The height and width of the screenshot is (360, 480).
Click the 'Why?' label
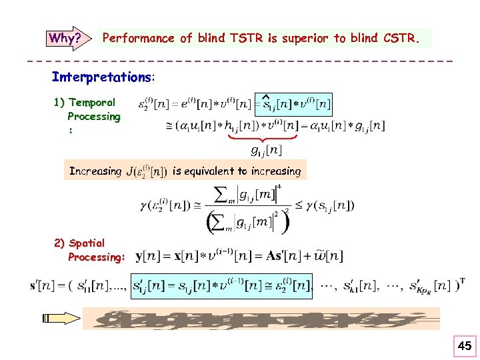(x=63, y=38)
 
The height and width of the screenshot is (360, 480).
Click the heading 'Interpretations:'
(x=103, y=77)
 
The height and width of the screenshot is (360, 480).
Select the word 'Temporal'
(x=93, y=103)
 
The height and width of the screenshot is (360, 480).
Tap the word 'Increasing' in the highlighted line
(x=95, y=171)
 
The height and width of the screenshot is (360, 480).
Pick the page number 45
(x=464, y=345)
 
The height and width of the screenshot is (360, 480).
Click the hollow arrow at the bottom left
(x=59, y=319)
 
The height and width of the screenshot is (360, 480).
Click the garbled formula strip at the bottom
(x=260, y=319)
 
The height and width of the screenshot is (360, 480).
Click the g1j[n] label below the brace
(x=266, y=151)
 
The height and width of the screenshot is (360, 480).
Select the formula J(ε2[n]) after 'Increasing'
(x=146, y=171)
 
